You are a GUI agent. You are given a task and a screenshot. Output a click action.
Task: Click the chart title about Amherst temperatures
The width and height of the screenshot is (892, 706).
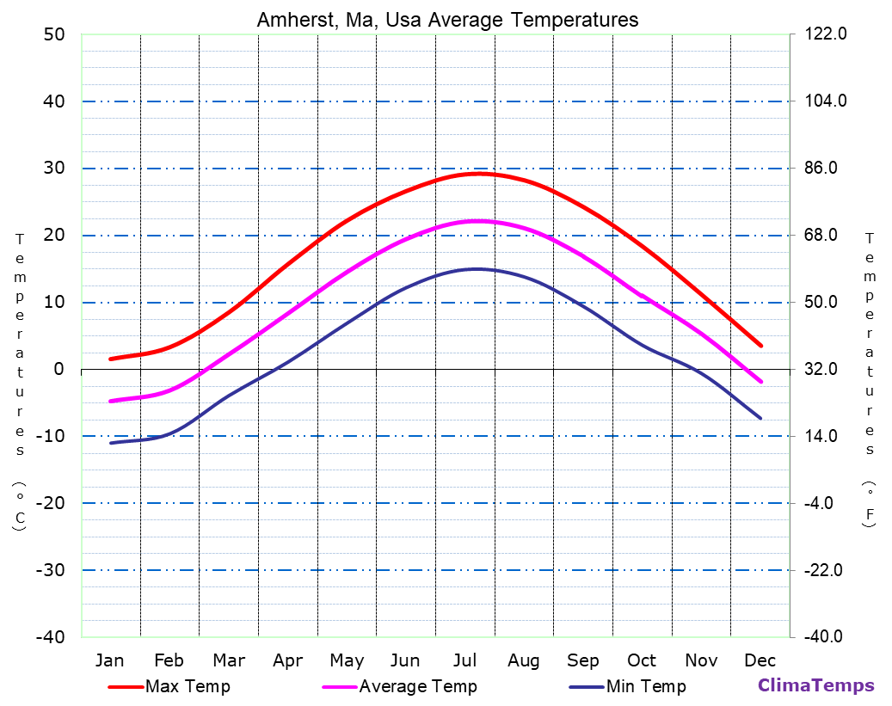tap(447, 20)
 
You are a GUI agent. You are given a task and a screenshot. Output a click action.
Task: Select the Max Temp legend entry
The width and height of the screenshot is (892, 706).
tap(188, 686)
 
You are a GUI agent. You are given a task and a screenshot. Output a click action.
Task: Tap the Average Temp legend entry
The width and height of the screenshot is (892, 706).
tap(417, 686)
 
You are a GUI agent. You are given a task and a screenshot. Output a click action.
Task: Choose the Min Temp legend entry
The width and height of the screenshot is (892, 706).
tap(646, 686)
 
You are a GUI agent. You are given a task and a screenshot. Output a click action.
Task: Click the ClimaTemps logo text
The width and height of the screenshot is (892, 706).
tap(815, 685)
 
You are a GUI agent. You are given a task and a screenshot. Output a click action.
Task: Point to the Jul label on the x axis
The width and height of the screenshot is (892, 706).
tap(465, 660)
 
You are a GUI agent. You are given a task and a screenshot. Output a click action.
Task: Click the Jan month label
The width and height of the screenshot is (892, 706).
tap(110, 660)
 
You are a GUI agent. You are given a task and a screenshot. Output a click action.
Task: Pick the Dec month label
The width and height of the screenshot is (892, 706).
tap(760, 660)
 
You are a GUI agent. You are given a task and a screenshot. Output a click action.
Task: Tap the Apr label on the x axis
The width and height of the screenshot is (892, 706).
tap(287, 660)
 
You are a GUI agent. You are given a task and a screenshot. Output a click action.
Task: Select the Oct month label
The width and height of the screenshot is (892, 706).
tap(642, 660)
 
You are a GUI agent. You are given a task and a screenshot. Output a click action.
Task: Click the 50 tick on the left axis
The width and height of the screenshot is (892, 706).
tap(53, 34)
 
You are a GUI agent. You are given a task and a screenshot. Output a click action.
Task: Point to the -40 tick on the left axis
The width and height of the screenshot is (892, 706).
tap(49, 637)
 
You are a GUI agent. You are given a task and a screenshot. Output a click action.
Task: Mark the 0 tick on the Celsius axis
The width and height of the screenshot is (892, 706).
tap(59, 369)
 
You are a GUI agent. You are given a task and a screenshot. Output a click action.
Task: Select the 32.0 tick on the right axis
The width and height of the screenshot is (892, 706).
tap(823, 369)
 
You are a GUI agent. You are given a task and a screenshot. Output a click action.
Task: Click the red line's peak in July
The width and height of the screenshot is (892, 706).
tap(480, 174)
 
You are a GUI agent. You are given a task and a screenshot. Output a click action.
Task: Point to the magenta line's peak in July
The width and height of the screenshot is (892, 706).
tap(478, 221)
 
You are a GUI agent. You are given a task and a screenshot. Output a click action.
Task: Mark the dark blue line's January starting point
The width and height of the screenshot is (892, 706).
tap(111, 443)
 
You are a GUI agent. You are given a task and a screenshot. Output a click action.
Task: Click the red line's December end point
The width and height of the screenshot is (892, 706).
tap(761, 346)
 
